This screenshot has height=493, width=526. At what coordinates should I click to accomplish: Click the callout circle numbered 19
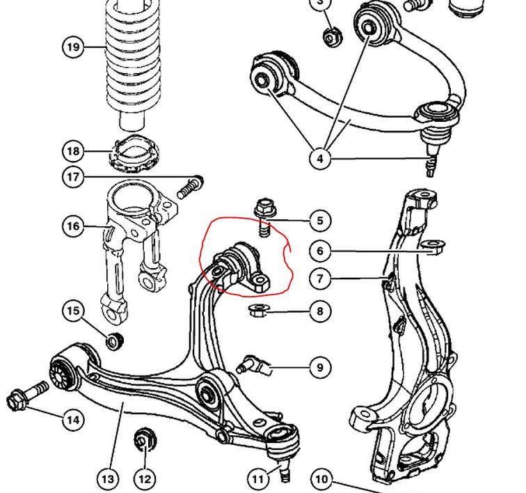[x=72, y=47]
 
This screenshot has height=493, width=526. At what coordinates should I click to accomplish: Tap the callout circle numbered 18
[x=72, y=151]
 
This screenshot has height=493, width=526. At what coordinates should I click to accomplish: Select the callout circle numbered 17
[x=72, y=177]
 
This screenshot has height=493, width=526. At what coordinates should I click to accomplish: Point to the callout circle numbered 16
[x=72, y=226]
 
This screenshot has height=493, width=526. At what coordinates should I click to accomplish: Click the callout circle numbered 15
[x=72, y=311]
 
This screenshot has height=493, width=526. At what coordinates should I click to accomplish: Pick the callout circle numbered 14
[x=72, y=420]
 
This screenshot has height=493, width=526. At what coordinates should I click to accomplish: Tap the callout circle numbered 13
[x=108, y=479]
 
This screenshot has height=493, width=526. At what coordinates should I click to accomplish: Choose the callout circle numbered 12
[x=145, y=479]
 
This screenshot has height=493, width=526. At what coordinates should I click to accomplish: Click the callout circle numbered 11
[x=257, y=479]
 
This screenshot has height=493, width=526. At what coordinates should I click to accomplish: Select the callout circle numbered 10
[x=320, y=479]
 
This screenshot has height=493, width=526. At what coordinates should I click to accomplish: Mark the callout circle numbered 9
[x=320, y=367]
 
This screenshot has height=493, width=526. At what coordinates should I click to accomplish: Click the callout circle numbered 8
[x=320, y=311]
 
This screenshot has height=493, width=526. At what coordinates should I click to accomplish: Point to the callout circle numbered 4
[x=320, y=159]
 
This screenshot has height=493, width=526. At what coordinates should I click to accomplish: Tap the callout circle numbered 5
[x=320, y=221]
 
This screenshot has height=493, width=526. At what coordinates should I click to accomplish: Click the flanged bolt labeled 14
[x=26, y=396]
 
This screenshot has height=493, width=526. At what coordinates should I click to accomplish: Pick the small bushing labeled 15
[x=114, y=341]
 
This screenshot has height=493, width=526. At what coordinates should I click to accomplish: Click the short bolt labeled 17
[x=189, y=186]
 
